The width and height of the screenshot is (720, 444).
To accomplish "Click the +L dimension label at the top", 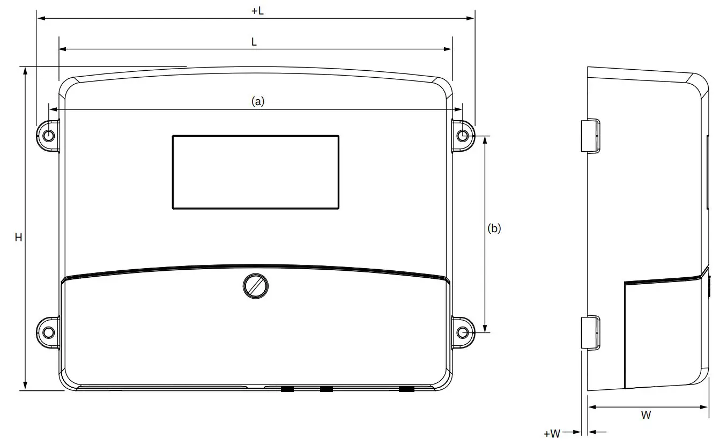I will click(x=257, y=11).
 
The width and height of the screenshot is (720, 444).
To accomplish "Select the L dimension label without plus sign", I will click(x=254, y=42).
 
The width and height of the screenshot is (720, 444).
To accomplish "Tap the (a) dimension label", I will click(x=258, y=101).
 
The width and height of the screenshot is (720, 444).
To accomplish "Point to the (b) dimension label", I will click(x=494, y=228).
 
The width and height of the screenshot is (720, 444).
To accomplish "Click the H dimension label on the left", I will click(x=18, y=238).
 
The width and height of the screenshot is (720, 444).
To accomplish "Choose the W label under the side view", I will click(x=646, y=415).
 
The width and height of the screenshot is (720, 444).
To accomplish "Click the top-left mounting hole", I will click(x=48, y=136).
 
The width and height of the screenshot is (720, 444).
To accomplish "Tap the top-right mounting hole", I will click(x=463, y=136).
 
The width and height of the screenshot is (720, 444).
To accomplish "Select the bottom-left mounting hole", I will click(x=48, y=332).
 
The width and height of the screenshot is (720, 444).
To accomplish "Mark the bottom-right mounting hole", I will click(x=463, y=332).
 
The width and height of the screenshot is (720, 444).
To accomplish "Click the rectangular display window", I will click(x=255, y=172).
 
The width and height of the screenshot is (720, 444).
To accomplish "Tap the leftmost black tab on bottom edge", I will click(x=287, y=389).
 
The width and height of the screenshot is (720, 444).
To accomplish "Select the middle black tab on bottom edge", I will click(x=326, y=389).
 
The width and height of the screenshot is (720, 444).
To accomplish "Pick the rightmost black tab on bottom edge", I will click(x=406, y=389).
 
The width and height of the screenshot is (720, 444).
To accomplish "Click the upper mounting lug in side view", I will click(x=591, y=136).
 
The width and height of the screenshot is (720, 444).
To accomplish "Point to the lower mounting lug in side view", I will click(x=591, y=332).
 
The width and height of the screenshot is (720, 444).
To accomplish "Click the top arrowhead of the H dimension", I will click(x=25, y=71).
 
